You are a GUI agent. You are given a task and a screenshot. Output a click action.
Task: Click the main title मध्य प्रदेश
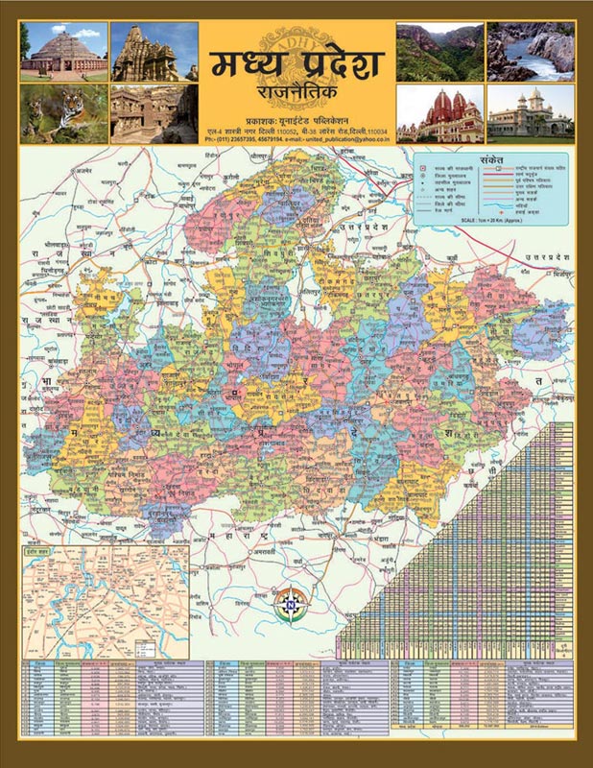296,66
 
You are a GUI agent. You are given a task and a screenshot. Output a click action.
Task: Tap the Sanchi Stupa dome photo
63,51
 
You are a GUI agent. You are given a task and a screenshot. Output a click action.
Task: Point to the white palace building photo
530,114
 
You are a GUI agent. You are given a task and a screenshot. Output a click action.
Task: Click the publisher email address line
296,139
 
